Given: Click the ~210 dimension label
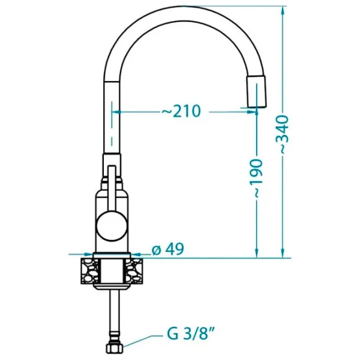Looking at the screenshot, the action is pyautogui.click(x=181, y=111).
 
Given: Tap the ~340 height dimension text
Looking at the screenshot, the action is pyautogui.click(x=282, y=134).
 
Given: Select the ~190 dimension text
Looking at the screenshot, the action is pyautogui.click(x=256, y=178).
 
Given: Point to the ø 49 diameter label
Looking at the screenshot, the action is pyautogui.click(x=168, y=249).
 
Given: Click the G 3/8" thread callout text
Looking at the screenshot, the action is pyautogui.click(x=191, y=334).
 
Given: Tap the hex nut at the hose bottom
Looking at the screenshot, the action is pyautogui.click(x=115, y=348).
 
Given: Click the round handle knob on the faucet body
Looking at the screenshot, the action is pyautogui.click(x=112, y=226).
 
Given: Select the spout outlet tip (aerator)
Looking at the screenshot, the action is pyautogui.click(x=256, y=91).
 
